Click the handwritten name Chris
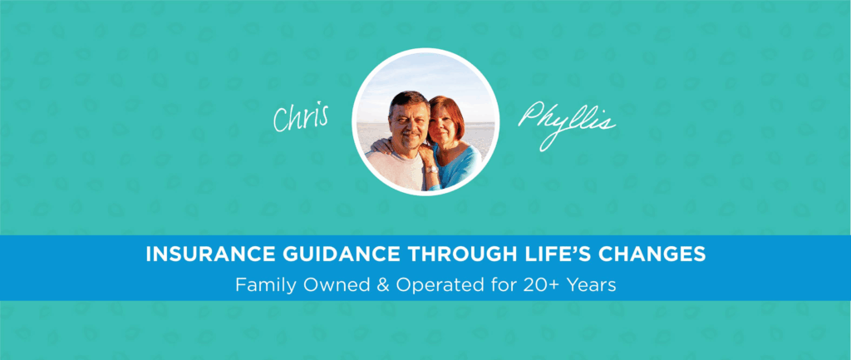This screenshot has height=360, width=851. click(301, 116)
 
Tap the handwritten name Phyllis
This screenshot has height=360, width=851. click(567, 123)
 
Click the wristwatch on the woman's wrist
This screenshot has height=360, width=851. click(431, 170)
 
